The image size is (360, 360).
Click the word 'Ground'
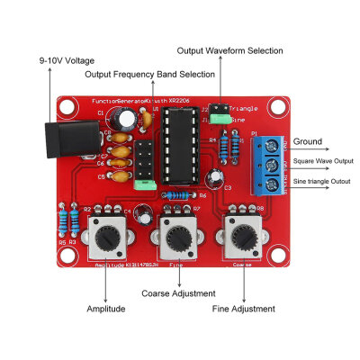click(x=307, y=141)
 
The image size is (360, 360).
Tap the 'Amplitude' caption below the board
click(x=106, y=309)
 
